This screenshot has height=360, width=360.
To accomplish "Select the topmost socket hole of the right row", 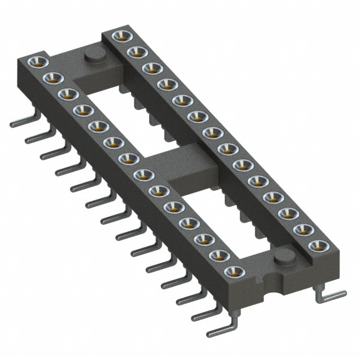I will (119, 37).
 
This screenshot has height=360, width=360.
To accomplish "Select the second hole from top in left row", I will (49, 77).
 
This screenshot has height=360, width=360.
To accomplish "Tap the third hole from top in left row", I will (65, 93).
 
